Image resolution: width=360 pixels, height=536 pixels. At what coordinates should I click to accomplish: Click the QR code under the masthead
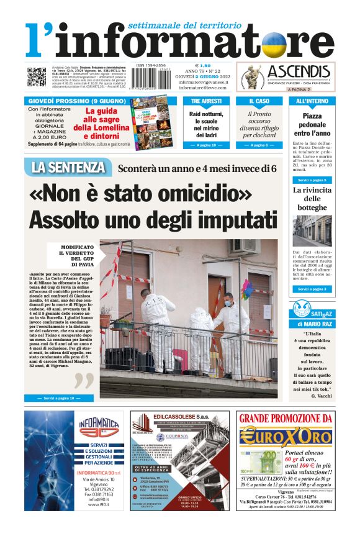37,76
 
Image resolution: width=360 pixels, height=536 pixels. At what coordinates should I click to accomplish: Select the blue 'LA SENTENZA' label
68,167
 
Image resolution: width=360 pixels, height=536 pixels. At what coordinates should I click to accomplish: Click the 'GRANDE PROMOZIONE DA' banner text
287,419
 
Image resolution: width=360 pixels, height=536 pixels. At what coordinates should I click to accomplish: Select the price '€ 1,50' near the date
203,65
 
